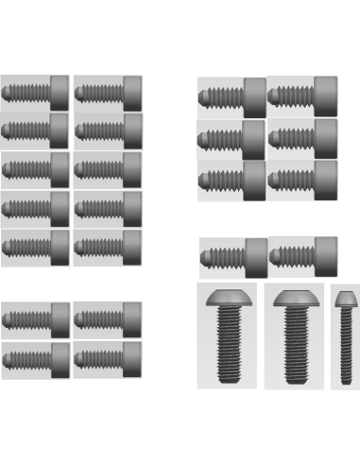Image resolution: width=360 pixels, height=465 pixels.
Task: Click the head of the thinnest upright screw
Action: (344, 300)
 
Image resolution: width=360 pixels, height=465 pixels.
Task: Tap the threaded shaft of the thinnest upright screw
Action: (344, 345)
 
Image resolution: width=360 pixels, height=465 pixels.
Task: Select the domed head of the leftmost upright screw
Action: (227, 300)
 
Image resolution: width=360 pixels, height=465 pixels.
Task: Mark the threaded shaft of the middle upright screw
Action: (295, 345)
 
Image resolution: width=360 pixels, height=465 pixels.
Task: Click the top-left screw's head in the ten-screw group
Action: (59, 93)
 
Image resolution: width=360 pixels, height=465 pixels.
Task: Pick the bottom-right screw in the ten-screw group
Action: (107, 247)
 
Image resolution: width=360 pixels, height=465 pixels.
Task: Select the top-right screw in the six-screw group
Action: (301, 95)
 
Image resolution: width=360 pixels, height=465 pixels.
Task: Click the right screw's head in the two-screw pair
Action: (325, 255)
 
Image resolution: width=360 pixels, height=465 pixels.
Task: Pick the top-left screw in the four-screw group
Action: (35, 319)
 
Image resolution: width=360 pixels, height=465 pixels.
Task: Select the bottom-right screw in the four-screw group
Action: (107, 358)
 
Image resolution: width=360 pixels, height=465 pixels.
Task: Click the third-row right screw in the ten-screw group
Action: (107, 169)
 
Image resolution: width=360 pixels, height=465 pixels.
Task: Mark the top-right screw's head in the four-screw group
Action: (131, 319)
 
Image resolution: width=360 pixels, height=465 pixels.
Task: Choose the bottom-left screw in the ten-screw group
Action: (35, 247)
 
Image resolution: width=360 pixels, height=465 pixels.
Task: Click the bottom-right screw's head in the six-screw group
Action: (325, 178)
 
